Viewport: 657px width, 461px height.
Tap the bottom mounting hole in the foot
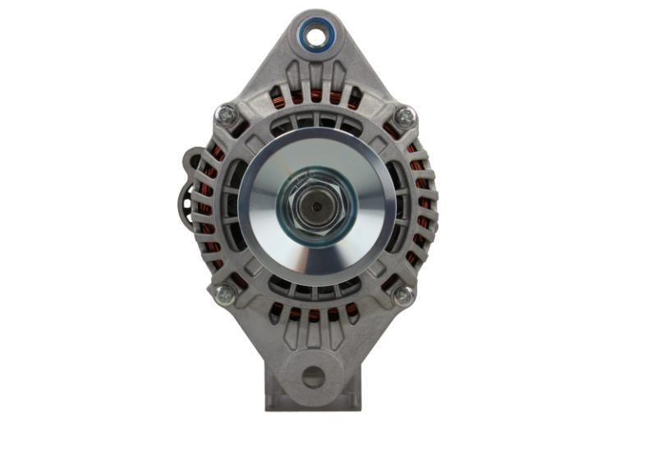tap(313, 377)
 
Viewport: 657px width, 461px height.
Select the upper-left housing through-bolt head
tap(226, 115)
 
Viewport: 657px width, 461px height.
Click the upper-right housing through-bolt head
tap(404, 117)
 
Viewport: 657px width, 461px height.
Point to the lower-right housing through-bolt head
tap(402, 295)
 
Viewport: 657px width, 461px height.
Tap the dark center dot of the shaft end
tap(315, 206)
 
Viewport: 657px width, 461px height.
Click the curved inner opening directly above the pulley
tap(315, 122)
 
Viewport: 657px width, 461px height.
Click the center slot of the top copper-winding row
tap(315, 96)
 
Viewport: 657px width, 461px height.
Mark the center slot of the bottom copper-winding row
tap(315, 314)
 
